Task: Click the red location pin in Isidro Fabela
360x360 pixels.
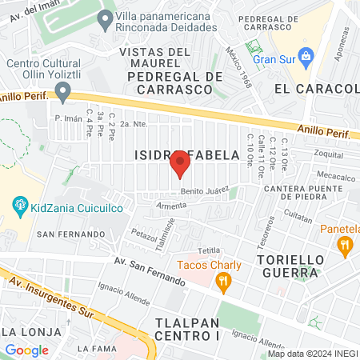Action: [180, 163]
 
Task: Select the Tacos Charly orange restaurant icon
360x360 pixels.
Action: [223, 281]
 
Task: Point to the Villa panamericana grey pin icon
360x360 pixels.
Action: [103, 21]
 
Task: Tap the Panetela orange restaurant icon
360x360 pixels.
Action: [346, 246]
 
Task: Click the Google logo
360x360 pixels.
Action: [26, 350]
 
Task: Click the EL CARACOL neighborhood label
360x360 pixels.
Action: [315, 88]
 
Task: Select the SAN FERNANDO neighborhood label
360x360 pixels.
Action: [71, 234]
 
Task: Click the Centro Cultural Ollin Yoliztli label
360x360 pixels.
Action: [49, 70]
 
